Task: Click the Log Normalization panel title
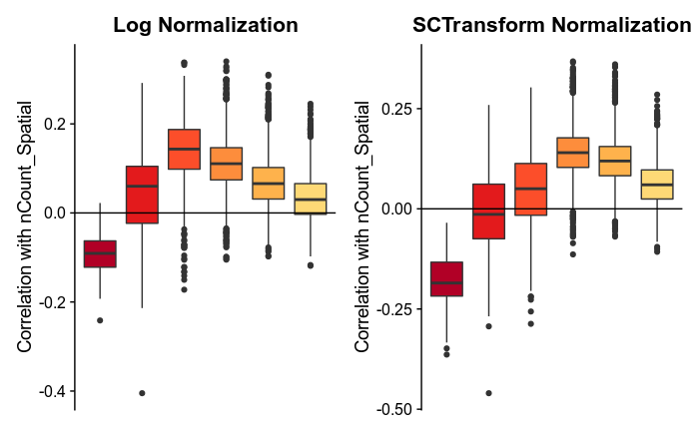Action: click(205, 26)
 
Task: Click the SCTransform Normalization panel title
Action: click(551, 26)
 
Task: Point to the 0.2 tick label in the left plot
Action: click(53, 124)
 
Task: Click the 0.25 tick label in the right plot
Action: click(395, 108)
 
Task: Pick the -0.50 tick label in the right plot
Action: click(393, 409)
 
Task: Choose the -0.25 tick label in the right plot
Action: click(393, 309)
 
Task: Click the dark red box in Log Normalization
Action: click(100, 254)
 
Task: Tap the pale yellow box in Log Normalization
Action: click(310, 199)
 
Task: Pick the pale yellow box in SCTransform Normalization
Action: click(657, 185)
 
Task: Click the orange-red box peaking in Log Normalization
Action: click(184, 149)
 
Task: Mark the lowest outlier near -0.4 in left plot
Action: click(142, 393)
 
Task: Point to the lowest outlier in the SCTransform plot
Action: click(488, 393)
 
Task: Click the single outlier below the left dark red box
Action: click(100, 320)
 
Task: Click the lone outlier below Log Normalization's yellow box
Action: click(310, 265)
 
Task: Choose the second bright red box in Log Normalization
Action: click(142, 195)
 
